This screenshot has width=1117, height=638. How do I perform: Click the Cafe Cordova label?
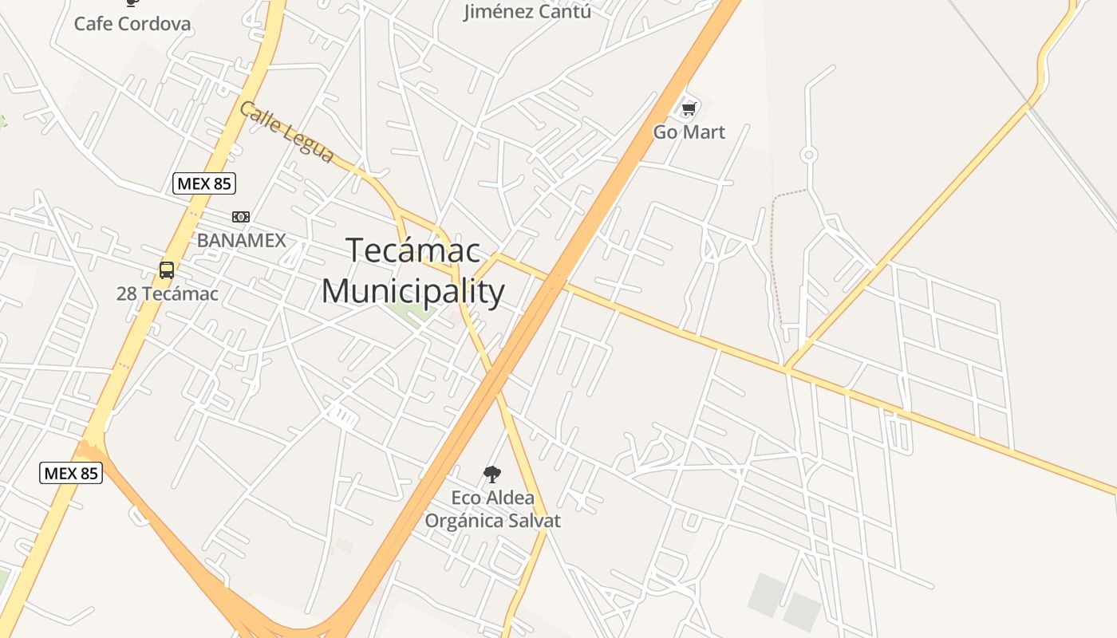click(x=132, y=24)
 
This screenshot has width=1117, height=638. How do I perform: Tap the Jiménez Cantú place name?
click(x=527, y=11)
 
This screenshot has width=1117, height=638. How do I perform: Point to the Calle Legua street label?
click(x=286, y=132)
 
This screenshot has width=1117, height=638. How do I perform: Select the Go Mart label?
click(x=689, y=132)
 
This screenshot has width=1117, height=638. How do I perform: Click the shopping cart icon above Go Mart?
click(x=689, y=108)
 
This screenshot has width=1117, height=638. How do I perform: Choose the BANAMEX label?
click(x=241, y=240)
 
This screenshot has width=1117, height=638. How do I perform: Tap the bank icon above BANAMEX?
click(x=240, y=217)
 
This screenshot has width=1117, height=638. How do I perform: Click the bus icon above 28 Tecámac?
click(x=166, y=270)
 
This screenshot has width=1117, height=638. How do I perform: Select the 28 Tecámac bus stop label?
click(x=167, y=293)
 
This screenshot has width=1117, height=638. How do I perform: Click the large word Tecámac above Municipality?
click(x=413, y=250)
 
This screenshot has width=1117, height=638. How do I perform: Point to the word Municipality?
click(x=412, y=291)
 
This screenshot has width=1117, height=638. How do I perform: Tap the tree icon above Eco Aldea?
click(x=492, y=475)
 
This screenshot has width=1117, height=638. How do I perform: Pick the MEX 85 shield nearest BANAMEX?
click(x=204, y=183)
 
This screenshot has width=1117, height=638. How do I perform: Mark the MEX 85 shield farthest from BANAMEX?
click(x=71, y=473)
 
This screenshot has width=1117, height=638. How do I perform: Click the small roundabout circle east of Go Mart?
click(x=809, y=155)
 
